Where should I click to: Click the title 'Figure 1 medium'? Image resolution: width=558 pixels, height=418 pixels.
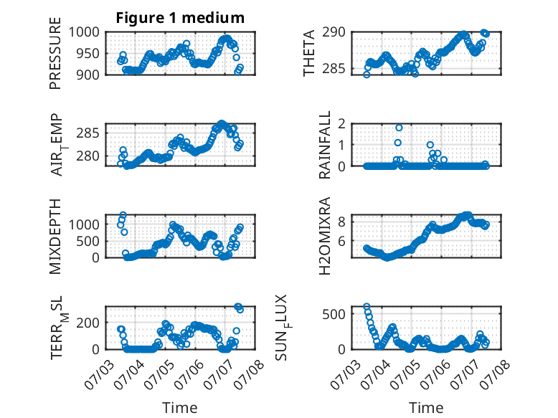(x=180, y=18)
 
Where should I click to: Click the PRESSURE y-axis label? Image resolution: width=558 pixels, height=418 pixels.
(x=55, y=53)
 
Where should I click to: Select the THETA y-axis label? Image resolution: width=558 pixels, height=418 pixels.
(x=309, y=53)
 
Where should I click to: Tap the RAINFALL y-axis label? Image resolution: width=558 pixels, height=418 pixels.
(x=325, y=145)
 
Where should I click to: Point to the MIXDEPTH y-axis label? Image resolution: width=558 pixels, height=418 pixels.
(x=55, y=237)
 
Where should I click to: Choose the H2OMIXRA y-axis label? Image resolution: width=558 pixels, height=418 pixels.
(x=325, y=236)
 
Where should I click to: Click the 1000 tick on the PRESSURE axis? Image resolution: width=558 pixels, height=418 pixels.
(x=84, y=32)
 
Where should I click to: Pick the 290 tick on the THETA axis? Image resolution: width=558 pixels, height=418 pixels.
(x=334, y=32)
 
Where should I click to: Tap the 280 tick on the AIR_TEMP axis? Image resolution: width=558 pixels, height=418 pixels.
(x=88, y=156)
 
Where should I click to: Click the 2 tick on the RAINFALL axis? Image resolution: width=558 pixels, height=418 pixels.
(x=341, y=123)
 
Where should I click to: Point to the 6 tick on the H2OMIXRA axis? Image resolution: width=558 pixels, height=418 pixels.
(x=341, y=241)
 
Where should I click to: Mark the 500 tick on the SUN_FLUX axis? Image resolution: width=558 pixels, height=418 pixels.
(x=334, y=314)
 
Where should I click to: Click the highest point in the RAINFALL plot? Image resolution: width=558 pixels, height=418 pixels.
(x=399, y=128)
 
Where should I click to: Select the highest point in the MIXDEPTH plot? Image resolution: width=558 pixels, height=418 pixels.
(x=123, y=215)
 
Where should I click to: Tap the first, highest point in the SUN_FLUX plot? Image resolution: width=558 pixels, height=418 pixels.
(x=367, y=307)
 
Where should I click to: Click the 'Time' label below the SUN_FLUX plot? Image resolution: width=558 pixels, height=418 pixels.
(x=426, y=408)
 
